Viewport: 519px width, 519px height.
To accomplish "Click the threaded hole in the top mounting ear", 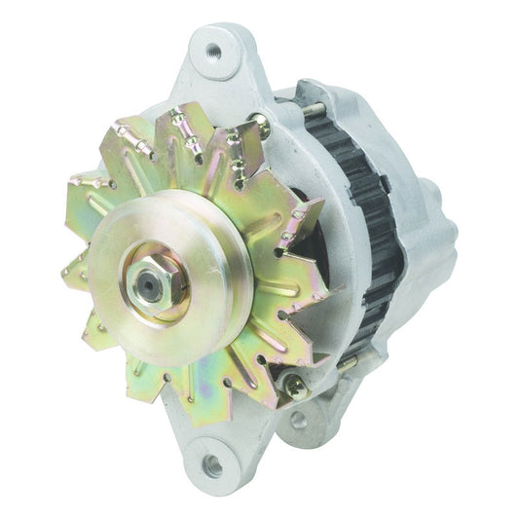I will point(213,51).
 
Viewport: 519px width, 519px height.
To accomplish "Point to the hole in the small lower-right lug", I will point(298,420).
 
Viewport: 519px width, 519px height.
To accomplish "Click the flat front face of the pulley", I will point(195,243).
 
